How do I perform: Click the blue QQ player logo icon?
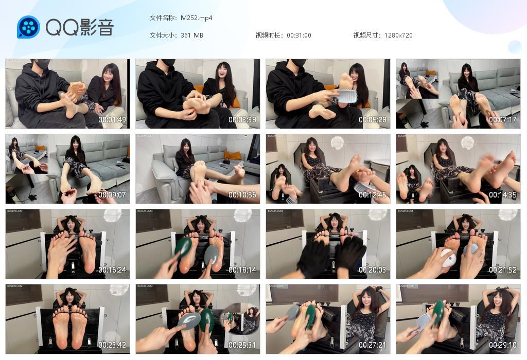coord(28,27)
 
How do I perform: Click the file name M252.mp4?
coord(196,18)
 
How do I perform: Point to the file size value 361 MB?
coord(192,35)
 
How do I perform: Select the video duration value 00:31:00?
coord(299,35)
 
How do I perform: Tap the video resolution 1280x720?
coord(398,35)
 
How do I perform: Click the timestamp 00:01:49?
coord(112,120)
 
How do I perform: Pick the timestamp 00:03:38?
coord(242,120)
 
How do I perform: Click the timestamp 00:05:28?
coord(373,120)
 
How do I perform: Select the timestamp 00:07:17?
coord(503,120)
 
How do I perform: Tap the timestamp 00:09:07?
coord(112,195)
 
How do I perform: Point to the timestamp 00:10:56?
coord(242,195)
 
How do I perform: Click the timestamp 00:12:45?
coord(373,195)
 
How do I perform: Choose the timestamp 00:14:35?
coord(503,195)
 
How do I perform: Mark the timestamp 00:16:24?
coord(112,270)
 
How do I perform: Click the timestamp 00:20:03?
coord(373,270)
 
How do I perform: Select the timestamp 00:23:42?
coord(112,345)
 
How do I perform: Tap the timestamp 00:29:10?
coord(503,345)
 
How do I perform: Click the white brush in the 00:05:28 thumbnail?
coord(346,96)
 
